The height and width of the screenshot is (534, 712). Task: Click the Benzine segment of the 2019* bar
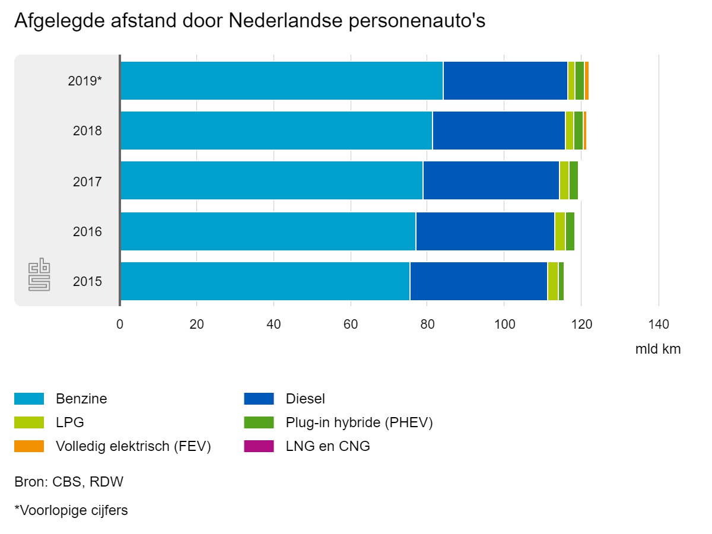(281, 81)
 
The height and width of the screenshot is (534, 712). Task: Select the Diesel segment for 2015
(478, 281)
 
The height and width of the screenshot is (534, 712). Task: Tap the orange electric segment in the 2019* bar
(587, 81)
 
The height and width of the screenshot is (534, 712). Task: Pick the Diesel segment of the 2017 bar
(491, 181)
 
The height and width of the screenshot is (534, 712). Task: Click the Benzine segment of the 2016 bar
(268, 231)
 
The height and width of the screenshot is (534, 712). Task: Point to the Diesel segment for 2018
(498, 131)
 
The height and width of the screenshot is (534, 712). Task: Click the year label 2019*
(85, 81)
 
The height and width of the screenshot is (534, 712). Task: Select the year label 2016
(87, 231)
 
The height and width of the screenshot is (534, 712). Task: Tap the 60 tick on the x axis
(351, 325)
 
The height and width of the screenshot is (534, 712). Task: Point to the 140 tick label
(659, 325)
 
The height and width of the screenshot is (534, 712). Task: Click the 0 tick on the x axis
(120, 325)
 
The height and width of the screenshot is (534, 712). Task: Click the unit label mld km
(658, 349)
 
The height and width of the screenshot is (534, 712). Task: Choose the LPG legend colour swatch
(29, 422)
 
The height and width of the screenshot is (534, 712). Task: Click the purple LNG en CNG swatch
(259, 446)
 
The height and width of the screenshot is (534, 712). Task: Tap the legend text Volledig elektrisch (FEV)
(133, 446)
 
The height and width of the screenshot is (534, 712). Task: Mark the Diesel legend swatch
(259, 399)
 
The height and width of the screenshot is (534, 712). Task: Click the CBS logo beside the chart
(40, 275)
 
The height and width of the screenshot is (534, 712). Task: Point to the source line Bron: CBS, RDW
(69, 482)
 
